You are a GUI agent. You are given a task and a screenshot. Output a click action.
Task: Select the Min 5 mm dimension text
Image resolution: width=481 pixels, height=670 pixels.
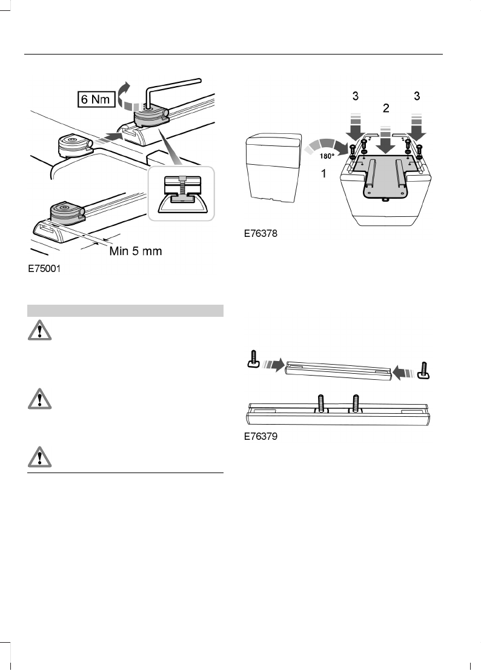(135, 251)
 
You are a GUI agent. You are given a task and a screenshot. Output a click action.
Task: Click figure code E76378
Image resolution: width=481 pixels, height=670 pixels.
(262, 233)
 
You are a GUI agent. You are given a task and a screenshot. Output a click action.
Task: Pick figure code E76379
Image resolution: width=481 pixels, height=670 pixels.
(262, 435)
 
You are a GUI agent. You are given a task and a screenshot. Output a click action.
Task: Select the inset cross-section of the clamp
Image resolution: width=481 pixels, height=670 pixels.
(180, 195)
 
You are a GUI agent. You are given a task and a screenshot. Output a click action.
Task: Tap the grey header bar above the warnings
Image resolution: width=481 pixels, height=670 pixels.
(125, 311)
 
